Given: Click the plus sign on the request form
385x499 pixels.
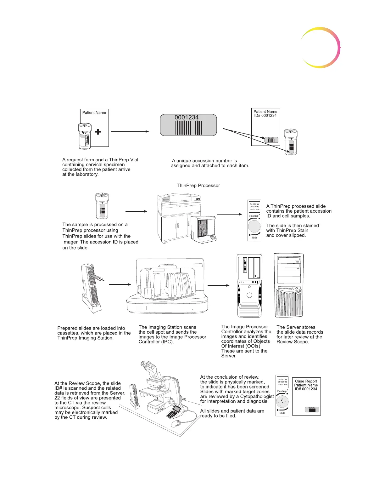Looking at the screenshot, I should (x=98, y=132).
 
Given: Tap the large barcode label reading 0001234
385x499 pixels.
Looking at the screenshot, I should (x=188, y=125).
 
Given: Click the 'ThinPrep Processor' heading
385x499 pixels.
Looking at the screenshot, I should (x=198, y=186).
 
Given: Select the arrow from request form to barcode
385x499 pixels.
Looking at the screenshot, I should (x=130, y=131).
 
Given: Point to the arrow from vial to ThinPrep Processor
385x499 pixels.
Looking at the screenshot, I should (x=136, y=211).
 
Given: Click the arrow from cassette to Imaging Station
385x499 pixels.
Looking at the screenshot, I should (x=120, y=284).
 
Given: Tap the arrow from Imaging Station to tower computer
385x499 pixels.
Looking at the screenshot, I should (x=218, y=285).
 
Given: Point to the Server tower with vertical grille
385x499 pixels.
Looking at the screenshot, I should (x=289, y=285).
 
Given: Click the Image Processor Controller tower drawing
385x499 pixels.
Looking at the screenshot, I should (x=249, y=285).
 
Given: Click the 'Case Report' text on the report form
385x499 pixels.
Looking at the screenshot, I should (x=306, y=381).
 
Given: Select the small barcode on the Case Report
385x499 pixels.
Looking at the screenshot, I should (x=311, y=410).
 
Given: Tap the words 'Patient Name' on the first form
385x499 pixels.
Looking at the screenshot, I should (x=94, y=112).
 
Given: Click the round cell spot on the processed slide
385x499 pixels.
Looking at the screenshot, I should (x=254, y=226).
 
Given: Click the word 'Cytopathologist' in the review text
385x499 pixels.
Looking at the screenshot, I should (x=257, y=396).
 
